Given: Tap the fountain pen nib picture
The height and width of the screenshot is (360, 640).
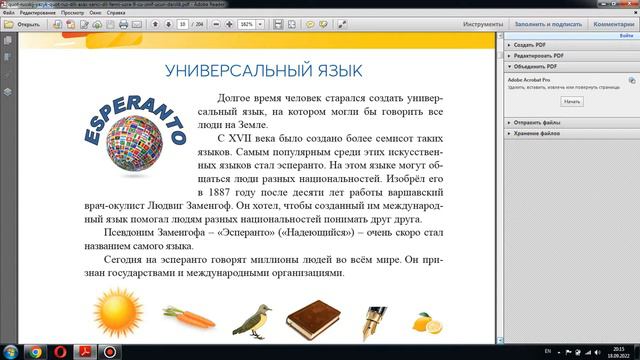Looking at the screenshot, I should (375, 318).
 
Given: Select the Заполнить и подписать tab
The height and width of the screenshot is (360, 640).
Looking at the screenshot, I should (547, 23).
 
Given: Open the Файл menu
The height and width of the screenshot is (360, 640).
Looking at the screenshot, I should (8, 13).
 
